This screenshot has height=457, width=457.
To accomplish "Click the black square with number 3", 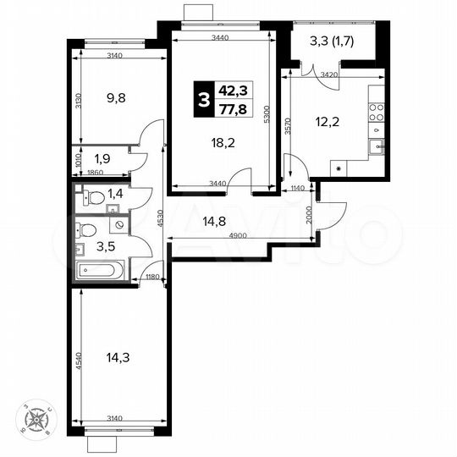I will coord(203,99).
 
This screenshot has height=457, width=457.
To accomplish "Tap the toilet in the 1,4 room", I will coord(96,198).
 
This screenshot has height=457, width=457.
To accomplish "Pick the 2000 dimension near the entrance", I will coord(310,217).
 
